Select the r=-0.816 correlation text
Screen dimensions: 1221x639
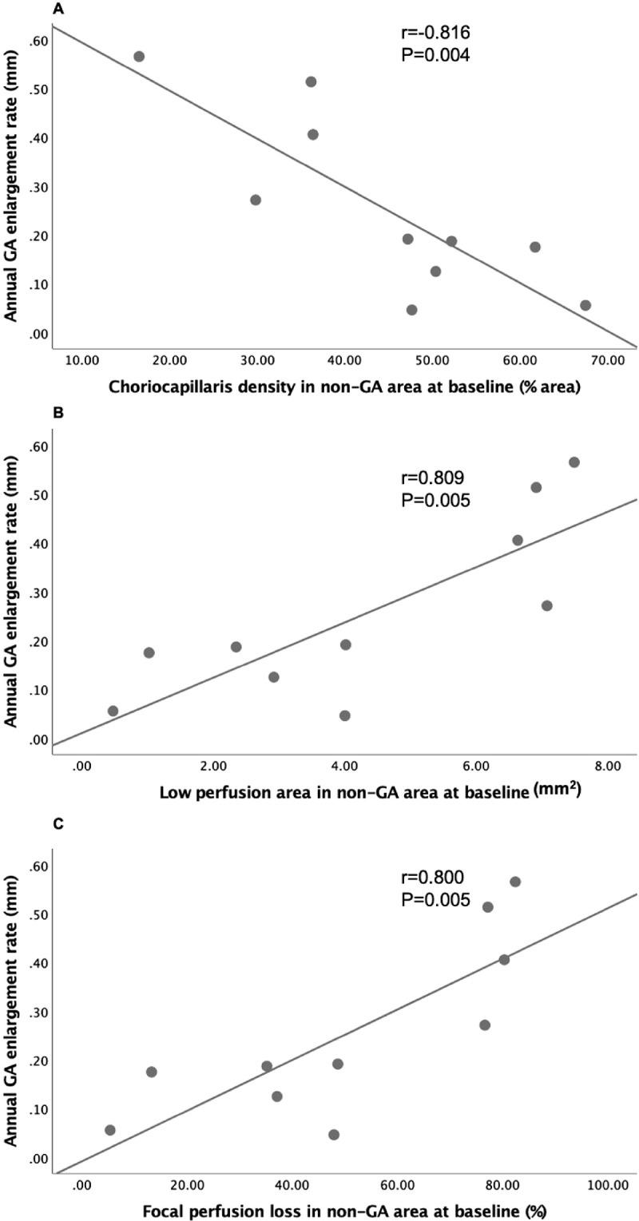[435, 34]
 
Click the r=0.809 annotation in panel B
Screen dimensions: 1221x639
[432, 478]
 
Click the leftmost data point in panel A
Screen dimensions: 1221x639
[139, 57]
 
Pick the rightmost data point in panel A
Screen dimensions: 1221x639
[585, 305]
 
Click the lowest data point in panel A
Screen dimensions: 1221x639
[411, 310]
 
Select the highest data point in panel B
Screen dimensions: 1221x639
[574, 462]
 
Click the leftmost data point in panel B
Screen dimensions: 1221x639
[113, 711]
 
